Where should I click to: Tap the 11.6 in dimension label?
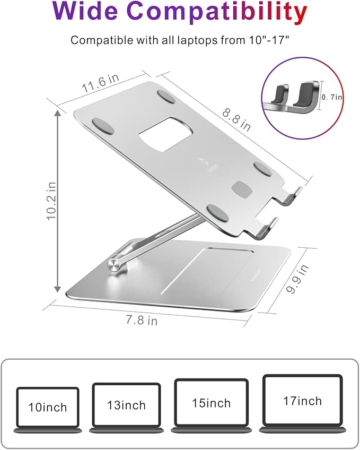pos(100,85)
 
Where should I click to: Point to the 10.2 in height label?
pos(51,201)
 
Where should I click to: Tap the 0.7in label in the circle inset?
pos(332,97)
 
